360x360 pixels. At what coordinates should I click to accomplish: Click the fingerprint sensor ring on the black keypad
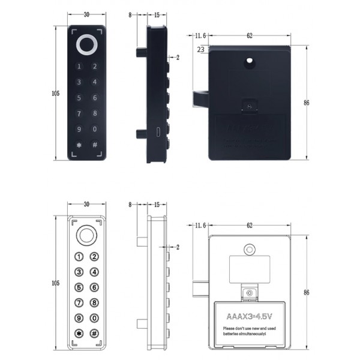coord(86,46)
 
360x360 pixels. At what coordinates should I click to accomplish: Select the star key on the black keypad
coord(78,145)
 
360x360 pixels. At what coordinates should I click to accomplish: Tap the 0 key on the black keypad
coord(94,129)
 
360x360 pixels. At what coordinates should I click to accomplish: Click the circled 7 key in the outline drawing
coord(78,302)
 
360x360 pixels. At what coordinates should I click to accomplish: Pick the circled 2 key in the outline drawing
coord(94,257)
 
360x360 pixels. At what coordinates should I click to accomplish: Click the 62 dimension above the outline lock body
coord(249,225)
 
